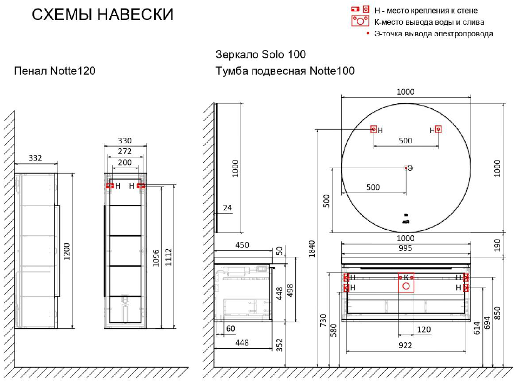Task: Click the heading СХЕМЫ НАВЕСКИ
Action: [x=102, y=15]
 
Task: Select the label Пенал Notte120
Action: [x=55, y=71]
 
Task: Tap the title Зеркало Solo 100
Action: [x=260, y=55]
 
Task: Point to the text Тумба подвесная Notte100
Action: [x=285, y=71]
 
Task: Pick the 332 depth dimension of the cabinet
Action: [x=35, y=158]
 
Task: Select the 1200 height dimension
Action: [x=67, y=250]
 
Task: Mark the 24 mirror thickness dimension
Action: [x=227, y=208]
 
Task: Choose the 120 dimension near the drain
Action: [x=423, y=329]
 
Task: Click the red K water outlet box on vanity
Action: [x=406, y=282]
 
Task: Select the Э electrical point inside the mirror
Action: [x=406, y=168]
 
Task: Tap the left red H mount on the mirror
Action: [x=373, y=129]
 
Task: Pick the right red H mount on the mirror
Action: [x=438, y=129]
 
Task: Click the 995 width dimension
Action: [x=405, y=248]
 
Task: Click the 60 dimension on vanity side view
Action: [x=231, y=329]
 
